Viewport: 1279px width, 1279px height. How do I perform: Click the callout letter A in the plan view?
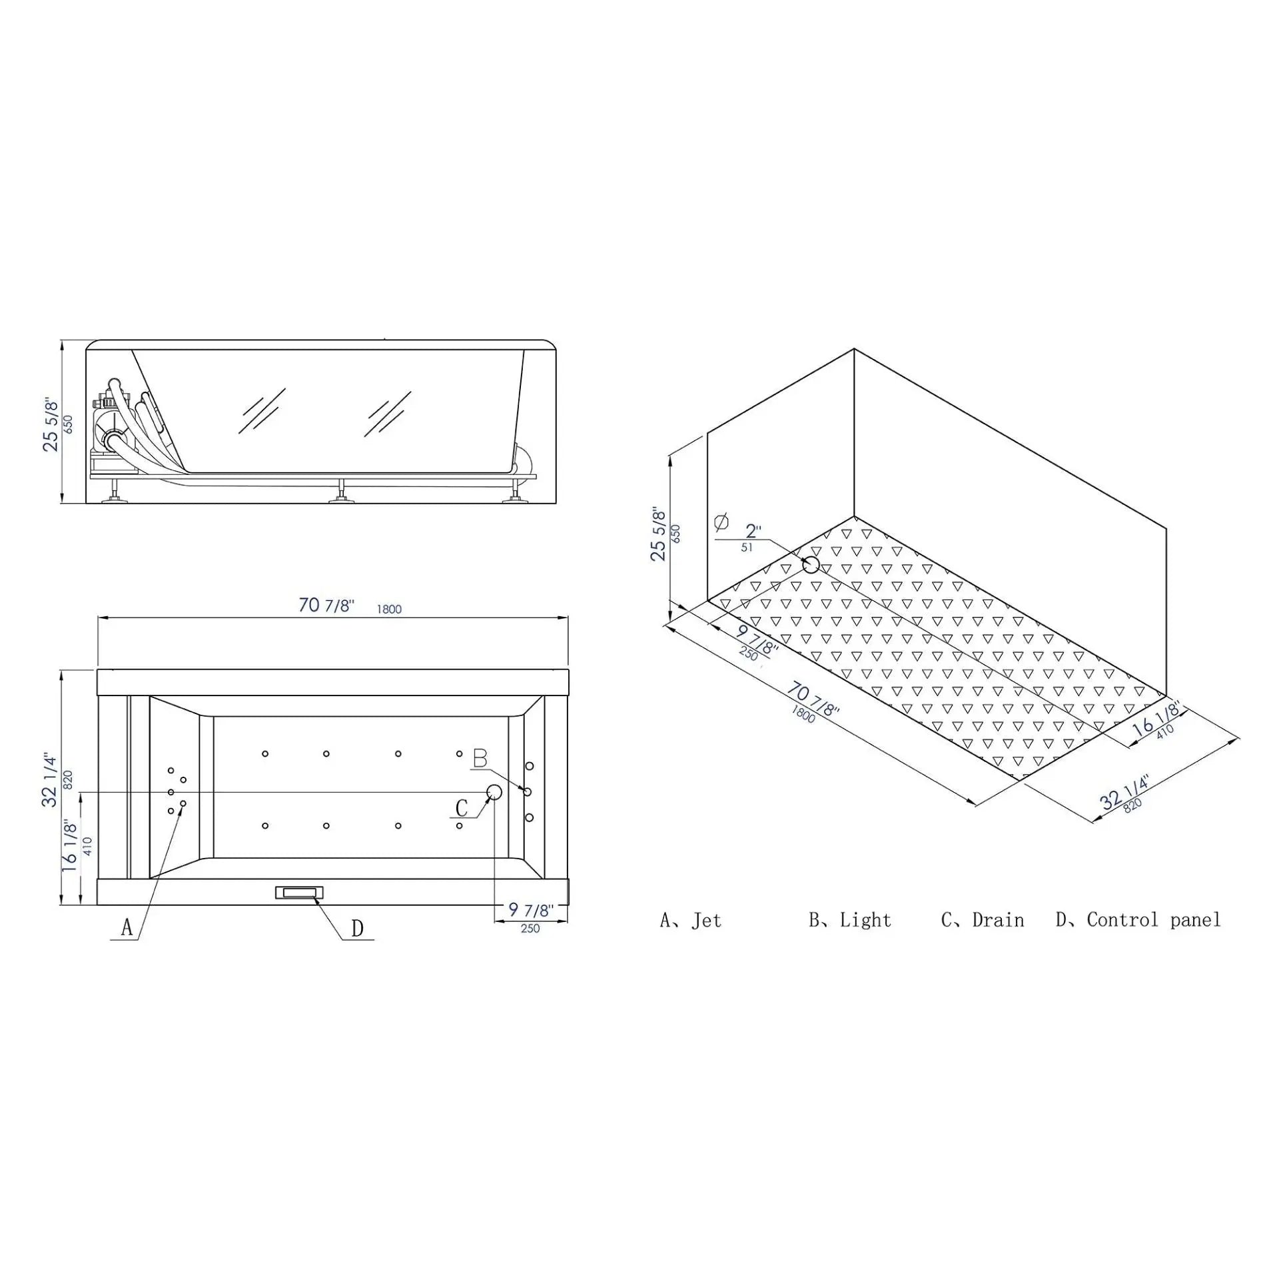[127, 927]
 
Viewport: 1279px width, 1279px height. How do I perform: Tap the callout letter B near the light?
[480, 759]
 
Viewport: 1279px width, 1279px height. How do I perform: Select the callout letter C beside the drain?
[462, 809]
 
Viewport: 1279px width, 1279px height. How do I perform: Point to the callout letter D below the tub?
[357, 929]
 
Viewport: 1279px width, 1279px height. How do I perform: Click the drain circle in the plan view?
[494, 792]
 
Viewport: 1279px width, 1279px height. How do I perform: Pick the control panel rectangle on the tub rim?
[300, 893]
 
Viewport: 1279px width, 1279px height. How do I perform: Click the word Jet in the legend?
[706, 921]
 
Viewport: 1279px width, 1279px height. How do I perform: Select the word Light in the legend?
[865, 921]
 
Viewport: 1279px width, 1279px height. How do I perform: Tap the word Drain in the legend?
[998, 921]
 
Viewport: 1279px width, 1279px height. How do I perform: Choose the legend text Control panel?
[1154, 921]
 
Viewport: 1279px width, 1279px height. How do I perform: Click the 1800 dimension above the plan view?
[389, 610]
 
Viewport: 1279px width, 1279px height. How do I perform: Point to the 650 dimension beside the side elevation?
[67, 424]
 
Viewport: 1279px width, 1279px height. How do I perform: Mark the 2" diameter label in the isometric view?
[753, 532]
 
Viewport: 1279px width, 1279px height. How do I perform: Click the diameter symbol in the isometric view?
[721, 522]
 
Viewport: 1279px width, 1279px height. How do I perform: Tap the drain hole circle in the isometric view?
[811, 565]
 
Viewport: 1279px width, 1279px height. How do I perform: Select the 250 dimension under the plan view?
[530, 929]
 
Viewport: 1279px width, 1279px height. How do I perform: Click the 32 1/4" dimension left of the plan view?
[51, 779]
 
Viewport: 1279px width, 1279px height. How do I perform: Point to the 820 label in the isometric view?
[1132, 804]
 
